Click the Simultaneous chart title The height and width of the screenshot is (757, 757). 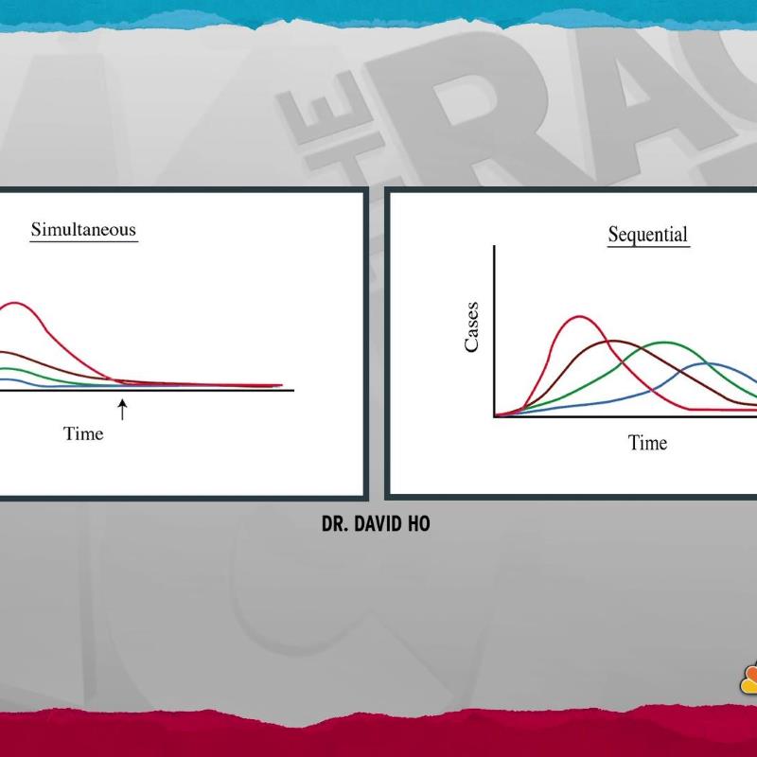(x=83, y=229)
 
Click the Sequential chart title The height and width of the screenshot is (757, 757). (x=648, y=235)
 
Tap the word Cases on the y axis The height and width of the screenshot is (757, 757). (x=471, y=326)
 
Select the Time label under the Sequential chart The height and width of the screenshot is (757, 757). (x=647, y=443)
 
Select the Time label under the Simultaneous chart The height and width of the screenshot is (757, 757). (x=83, y=433)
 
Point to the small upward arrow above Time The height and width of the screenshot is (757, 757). (x=123, y=410)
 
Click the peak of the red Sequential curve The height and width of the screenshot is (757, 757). (x=579, y=317)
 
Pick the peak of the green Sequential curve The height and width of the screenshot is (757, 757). (x=665, y=343)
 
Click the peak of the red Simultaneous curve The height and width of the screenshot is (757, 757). (x=15, y=303)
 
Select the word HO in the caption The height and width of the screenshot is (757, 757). (x=418, y=524)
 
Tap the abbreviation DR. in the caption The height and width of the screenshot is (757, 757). (x=335, y=524)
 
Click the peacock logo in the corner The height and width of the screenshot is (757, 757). (x=748, y=679)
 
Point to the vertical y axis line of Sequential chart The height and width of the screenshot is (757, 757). (x=494, y=330)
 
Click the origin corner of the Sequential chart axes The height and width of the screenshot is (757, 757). (x=494, y=416)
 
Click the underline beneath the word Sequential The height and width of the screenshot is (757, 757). (x=648, y=247)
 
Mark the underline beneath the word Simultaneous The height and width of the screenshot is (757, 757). (x=84, y=240)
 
